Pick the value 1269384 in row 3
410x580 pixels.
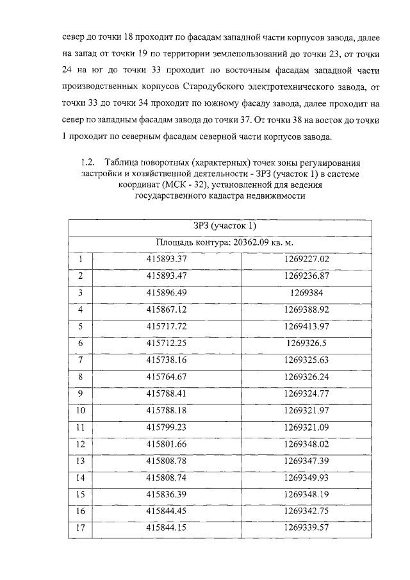(x=306, y=293)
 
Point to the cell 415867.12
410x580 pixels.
(x=166, y=310)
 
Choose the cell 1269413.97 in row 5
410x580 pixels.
(x=306, y=326)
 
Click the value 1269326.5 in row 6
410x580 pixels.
(x=306, y=343)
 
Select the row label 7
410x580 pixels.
(x=81, y=360)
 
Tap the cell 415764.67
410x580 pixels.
(x=166, y=376)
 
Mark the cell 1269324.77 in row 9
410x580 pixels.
(x=306, y=393)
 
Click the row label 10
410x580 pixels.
(x=81, y=410)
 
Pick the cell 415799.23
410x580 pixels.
(x=166, y=426)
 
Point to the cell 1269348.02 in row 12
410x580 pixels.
(x=306, y=443)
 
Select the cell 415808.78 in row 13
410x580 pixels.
(x=166, y=460)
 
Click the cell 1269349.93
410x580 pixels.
(x=306, y=477)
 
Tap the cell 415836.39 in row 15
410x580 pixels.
(x=166, y=493)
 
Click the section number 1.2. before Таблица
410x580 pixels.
(x=88, y=162)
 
